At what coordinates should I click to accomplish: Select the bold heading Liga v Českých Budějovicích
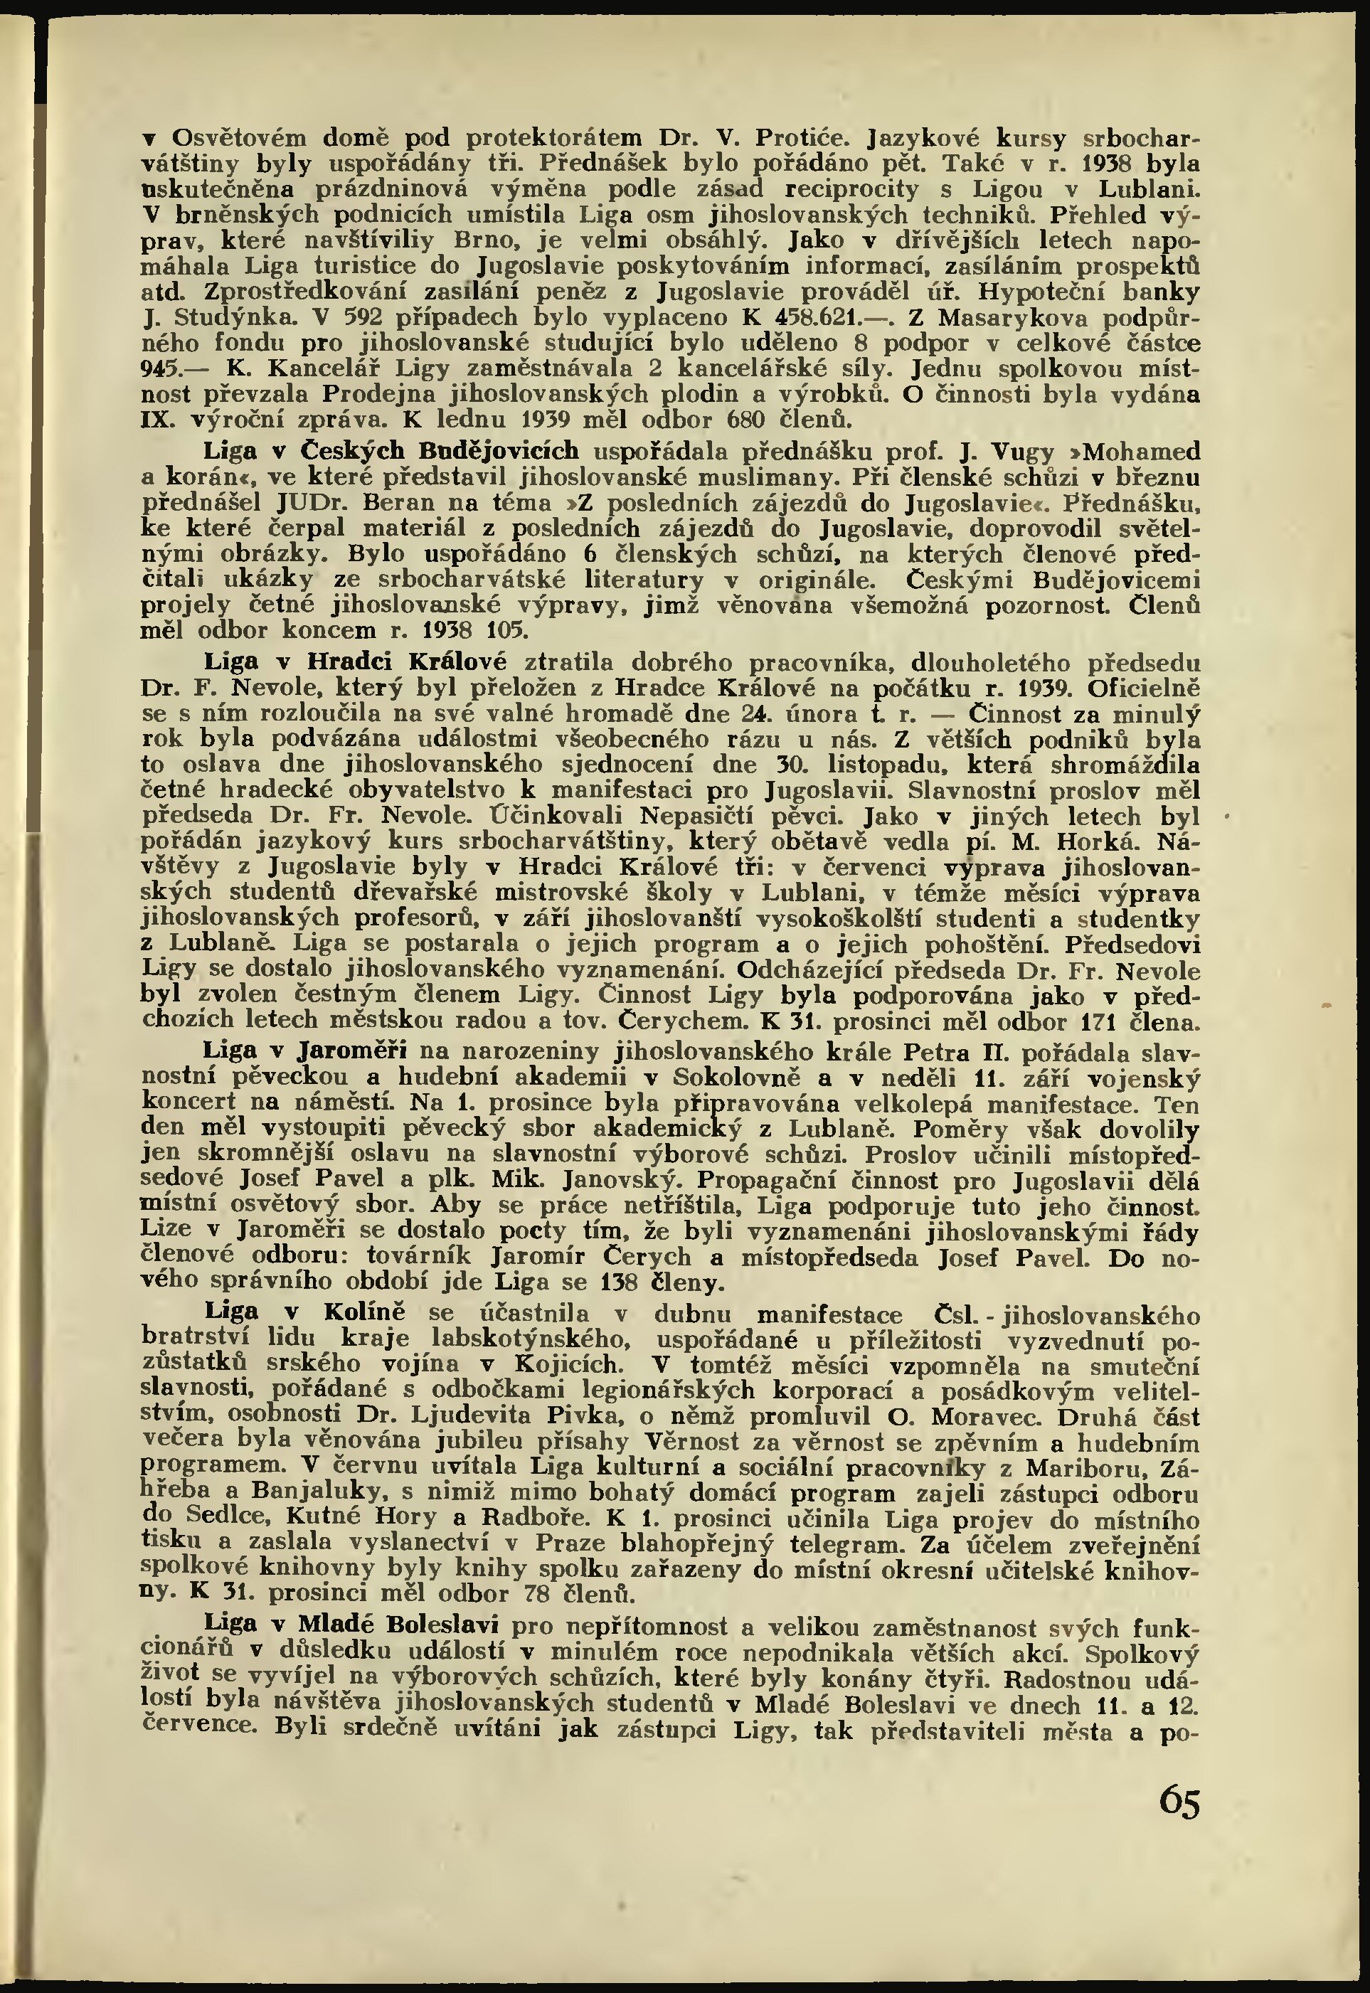click(391, 451)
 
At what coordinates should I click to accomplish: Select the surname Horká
click(1096, 841)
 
